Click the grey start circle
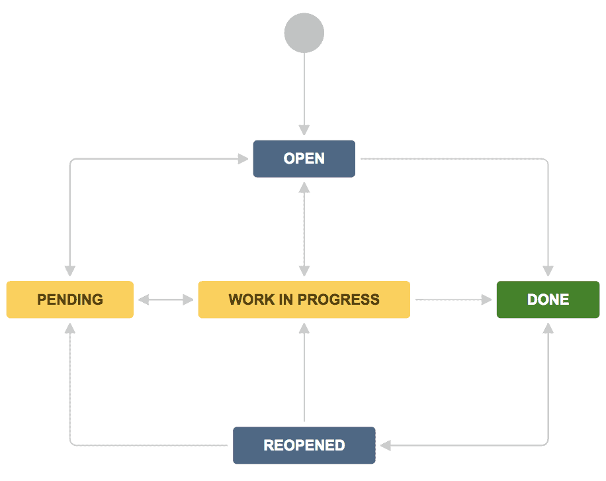304,32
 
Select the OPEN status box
304,159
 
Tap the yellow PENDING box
70,299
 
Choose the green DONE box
548,299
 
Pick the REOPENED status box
304,445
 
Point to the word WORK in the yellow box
245,299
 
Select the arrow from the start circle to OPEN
304,93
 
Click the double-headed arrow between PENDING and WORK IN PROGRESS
166,300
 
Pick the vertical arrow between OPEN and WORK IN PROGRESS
304,229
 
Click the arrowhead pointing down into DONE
548,271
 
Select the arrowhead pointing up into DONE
548,329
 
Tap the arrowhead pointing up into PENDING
70,329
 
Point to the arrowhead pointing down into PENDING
70,271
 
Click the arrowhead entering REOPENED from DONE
386,445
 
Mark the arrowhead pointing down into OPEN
304,129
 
